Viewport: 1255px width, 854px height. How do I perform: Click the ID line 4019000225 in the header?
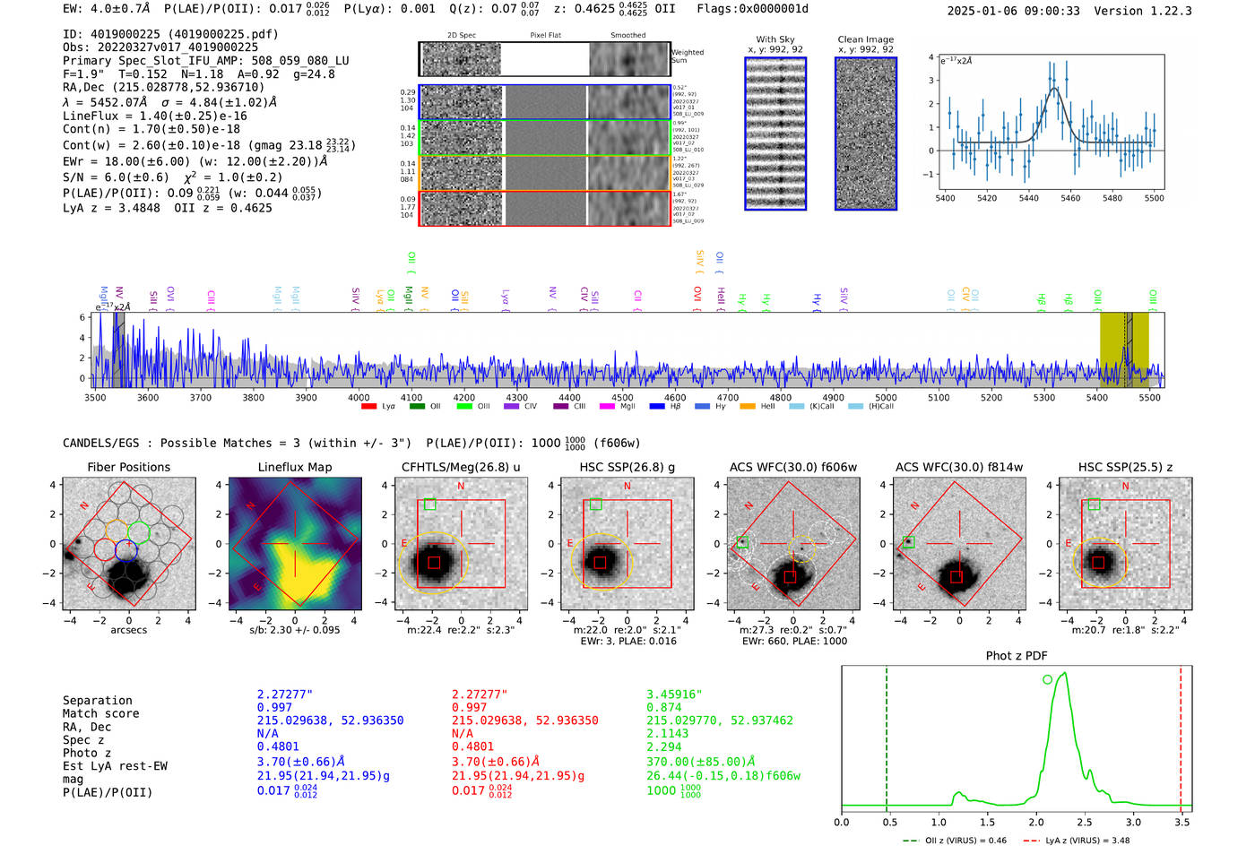(170, 34)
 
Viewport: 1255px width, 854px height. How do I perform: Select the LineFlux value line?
(154, 116)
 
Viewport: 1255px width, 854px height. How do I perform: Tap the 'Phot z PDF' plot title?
(1016, 656)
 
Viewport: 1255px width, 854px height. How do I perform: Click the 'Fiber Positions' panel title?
(128, 467)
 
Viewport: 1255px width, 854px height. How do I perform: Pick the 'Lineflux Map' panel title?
(294, 467)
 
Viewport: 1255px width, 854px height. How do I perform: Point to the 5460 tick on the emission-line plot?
(1070, 198)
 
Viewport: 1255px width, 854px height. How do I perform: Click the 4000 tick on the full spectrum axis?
(359, 398)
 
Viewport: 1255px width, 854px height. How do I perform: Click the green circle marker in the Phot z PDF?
(1047, 680)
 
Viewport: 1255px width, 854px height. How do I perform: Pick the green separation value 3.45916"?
(674, 694)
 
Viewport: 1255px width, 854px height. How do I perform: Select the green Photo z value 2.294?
(664, 746)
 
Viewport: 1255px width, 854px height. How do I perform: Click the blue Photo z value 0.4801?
(276, 746)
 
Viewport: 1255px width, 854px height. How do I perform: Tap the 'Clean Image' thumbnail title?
(865, 39)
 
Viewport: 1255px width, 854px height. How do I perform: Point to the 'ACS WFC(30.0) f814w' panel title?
(958, 467)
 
